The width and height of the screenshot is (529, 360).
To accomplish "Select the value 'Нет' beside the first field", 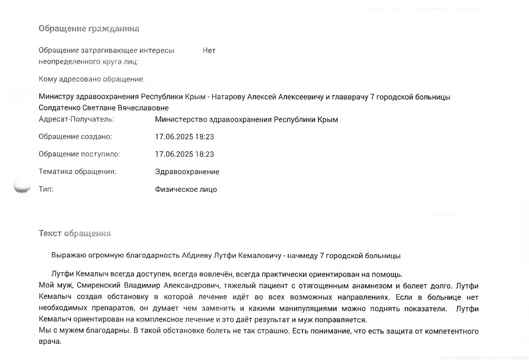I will click(209, 50).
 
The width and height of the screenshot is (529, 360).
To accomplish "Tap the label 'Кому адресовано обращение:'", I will click(91, 79).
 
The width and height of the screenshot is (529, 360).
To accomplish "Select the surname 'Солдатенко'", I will click(59, 107).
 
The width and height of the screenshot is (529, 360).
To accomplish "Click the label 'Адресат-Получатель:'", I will click(76, 119).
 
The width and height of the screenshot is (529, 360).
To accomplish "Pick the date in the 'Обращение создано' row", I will click(185, 137).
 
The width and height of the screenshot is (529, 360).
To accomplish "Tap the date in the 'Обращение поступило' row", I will click(185, 155).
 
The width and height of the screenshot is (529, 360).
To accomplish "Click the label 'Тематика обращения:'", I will click(77, 172).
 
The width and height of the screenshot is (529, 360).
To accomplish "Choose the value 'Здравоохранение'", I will click(187, 172).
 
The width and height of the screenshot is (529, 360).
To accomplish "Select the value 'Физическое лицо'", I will click(186, 189).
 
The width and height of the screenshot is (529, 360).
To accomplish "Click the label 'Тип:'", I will click(46, 189).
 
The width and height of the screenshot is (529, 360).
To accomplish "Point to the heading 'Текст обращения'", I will click(75, 233).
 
